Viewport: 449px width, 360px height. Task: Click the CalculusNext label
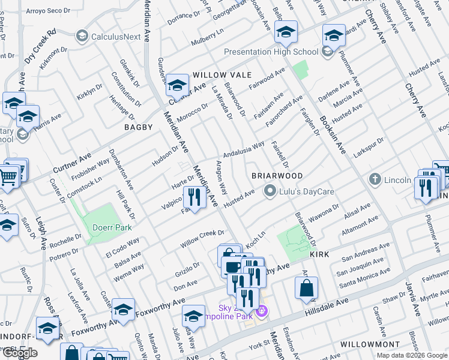115,37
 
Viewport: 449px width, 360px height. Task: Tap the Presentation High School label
271,52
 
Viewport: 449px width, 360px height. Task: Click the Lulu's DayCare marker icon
270,192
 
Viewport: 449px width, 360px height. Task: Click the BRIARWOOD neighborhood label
276,175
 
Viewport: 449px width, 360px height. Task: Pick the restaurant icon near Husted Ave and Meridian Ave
194,196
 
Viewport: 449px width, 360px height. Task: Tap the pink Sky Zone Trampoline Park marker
261,311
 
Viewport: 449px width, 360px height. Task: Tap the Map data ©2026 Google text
411,355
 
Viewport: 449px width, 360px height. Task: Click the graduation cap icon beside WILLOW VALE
177,85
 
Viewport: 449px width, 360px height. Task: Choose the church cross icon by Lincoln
375,179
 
